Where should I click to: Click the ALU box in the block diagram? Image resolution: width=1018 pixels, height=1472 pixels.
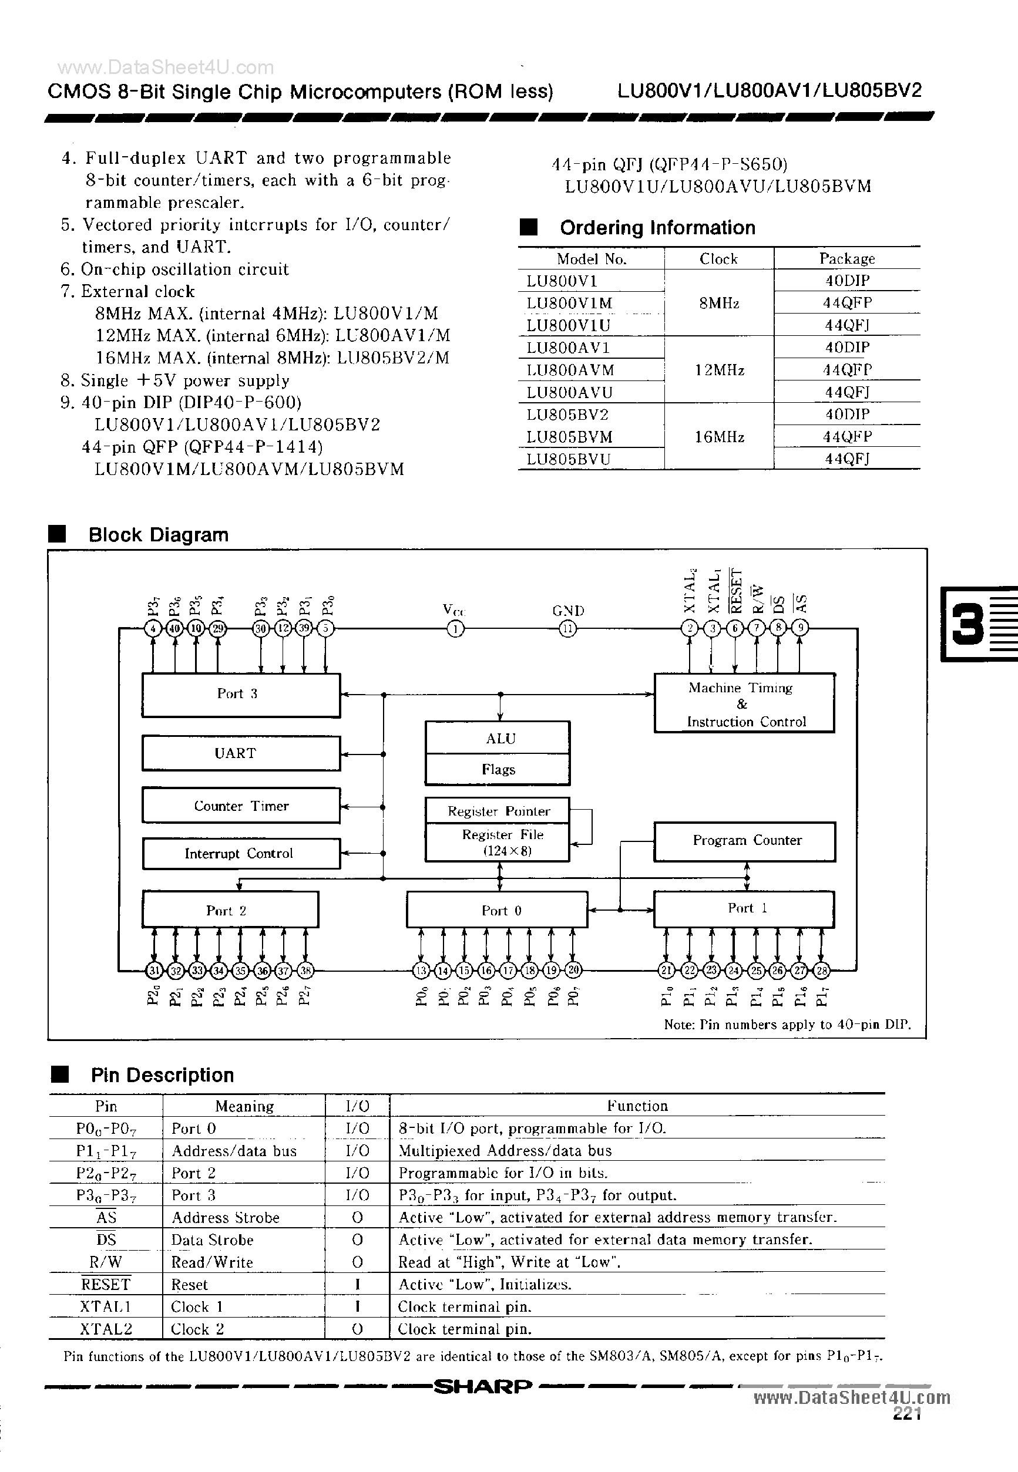(498, 738)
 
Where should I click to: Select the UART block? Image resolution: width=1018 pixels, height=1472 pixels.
(240, 753)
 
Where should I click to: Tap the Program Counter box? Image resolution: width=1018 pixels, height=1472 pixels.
(744, 841)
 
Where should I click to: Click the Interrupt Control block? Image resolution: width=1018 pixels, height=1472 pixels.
(240, 854)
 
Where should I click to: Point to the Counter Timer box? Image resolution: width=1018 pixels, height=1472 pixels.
(240, 806)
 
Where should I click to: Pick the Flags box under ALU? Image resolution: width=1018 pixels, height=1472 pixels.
(498, 770)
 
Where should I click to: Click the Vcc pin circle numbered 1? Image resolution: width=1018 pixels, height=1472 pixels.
(455, 629)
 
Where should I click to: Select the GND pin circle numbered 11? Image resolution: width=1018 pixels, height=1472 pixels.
(567, 629)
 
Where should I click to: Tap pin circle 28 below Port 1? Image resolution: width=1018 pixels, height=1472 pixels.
(822, 971)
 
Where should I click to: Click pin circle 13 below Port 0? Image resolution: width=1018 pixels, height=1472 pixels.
(421, 971)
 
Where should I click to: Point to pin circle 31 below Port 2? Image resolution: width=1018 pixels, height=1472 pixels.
(154, 971)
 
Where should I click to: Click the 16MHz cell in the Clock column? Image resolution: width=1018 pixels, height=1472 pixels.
(719, 437)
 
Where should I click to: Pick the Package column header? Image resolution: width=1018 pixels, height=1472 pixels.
(846, 259)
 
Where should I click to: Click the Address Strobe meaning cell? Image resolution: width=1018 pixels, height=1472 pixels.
(225, 1218)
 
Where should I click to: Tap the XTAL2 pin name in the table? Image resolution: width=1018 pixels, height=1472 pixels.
(106, 1329)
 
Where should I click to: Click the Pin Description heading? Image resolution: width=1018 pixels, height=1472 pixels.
(162, 1075)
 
